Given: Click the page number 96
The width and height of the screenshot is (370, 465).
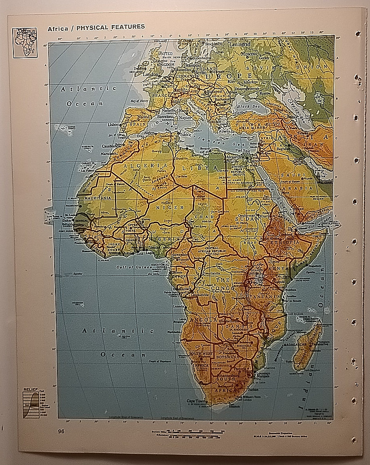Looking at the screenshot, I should pyautogui.click(x=61, y=431).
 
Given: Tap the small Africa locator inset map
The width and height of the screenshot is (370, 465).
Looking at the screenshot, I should pyautogui.click(x=25, y=43).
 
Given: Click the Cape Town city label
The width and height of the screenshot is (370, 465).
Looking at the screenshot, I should pyautogui.click(x=196, y=401).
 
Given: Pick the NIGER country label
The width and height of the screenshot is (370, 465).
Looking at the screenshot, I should pyautogui.click(x=164, y=207).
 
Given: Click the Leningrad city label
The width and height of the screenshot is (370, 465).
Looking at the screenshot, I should pyautogui.click(x=240, y=44).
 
